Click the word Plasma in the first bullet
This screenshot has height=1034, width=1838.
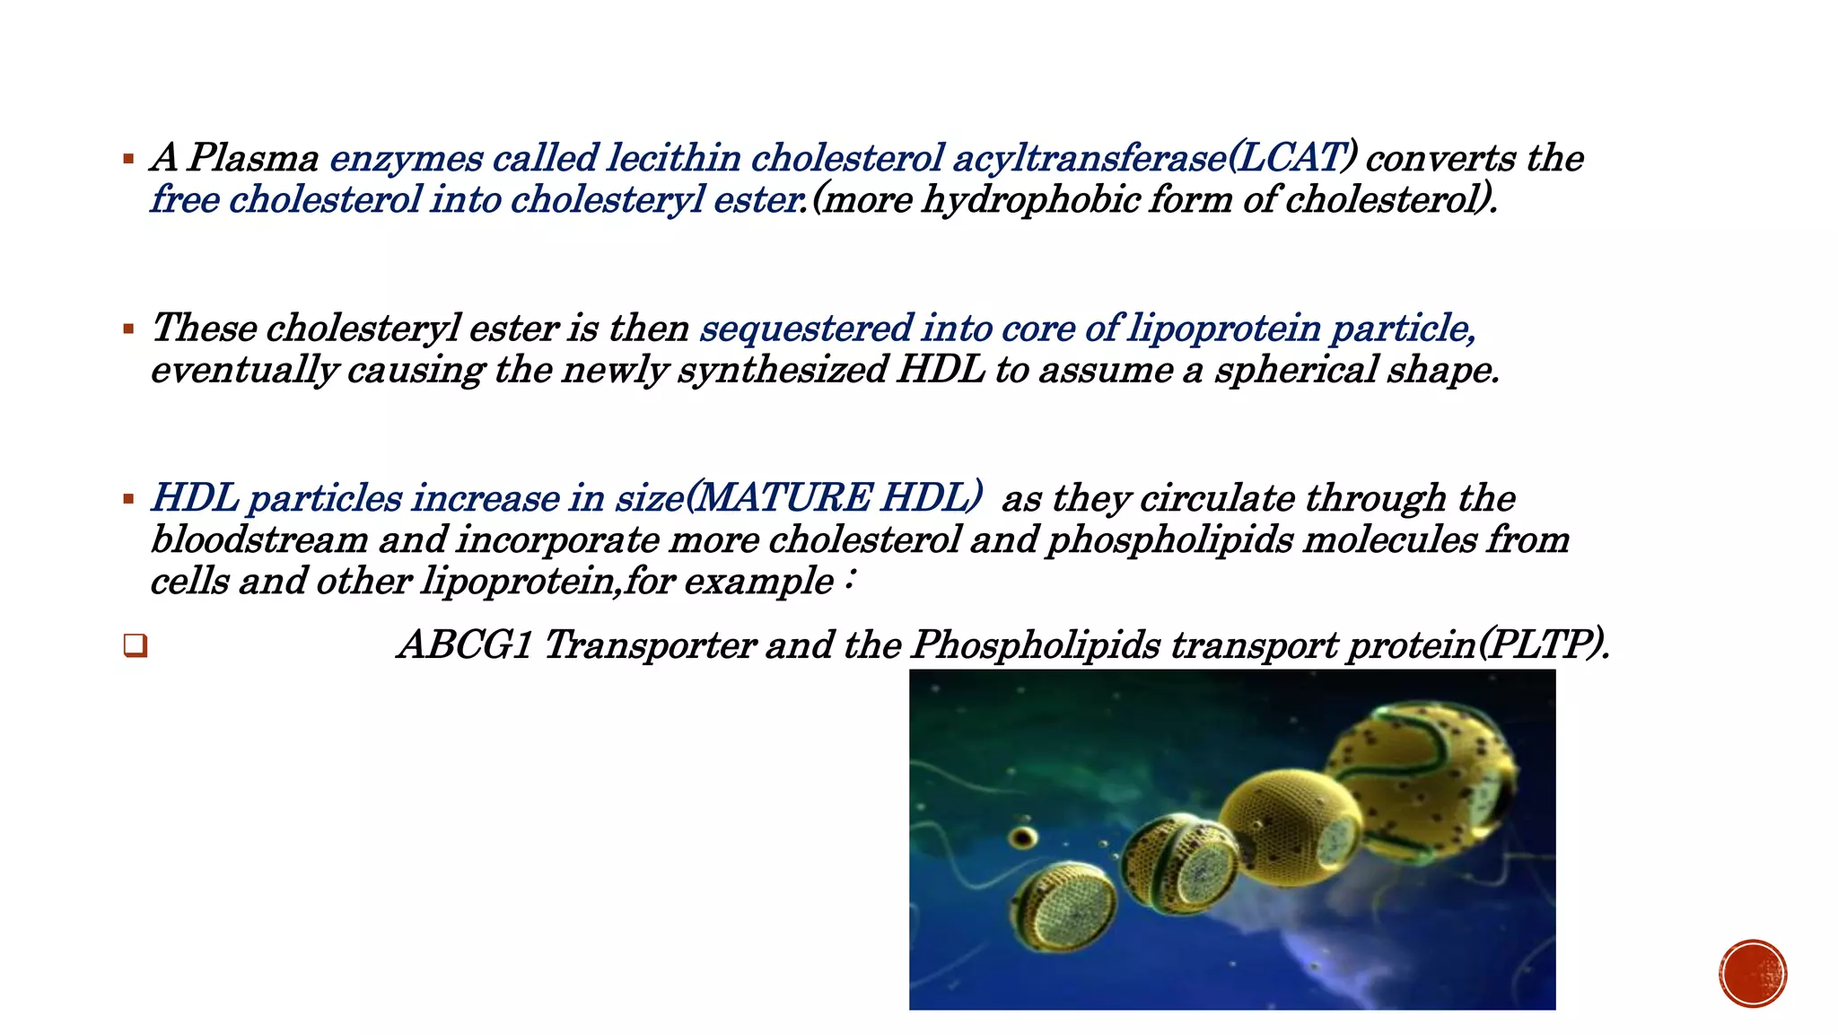(x=253, y=158)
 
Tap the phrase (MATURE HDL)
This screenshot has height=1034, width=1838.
(x=834, y=498)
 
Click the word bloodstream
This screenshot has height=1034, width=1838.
(x=259, y=539)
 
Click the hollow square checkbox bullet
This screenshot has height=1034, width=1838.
(x=136, y=645)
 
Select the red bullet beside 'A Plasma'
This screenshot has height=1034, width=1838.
(x=128, y=160)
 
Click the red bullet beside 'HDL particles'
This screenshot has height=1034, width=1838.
(x=128, y=500)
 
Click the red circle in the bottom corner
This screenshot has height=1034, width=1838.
(x=1753, y=973)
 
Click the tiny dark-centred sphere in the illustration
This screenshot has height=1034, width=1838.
(x=1022, y=838)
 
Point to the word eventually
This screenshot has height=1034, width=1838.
(x=243, y=370)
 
